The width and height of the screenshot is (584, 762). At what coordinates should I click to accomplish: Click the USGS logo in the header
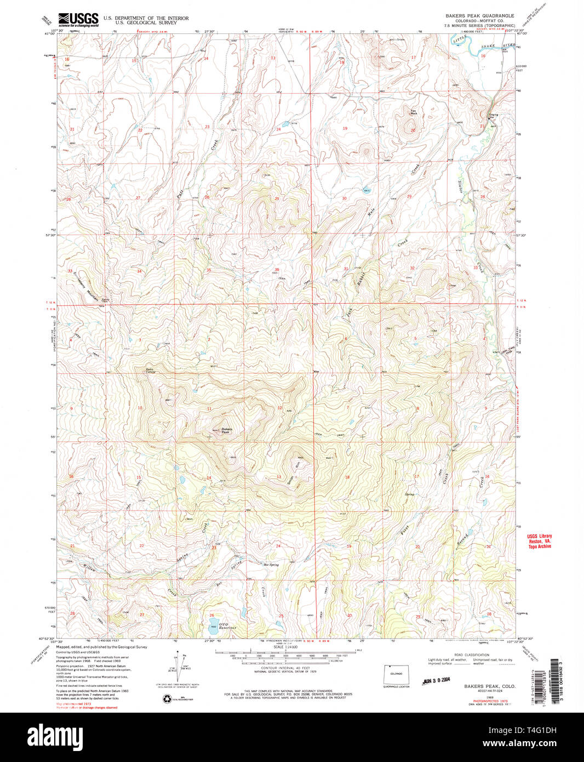click(x=78, y=19)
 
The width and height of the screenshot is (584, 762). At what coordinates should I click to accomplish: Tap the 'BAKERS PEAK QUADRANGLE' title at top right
click(x=480, y=16)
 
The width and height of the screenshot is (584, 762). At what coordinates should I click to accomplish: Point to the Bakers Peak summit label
click(x=227, y=430)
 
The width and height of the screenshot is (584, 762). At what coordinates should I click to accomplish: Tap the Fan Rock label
click(x=414, y=112)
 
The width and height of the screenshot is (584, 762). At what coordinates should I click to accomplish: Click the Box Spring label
click(x=271, y=564)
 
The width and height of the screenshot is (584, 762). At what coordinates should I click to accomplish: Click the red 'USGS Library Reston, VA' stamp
click(x=540, y=541)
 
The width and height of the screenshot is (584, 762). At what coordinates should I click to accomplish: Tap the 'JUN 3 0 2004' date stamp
click(x=436, y=680)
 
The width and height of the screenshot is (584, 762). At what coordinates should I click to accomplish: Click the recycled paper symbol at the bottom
click(x=167, y=699)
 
